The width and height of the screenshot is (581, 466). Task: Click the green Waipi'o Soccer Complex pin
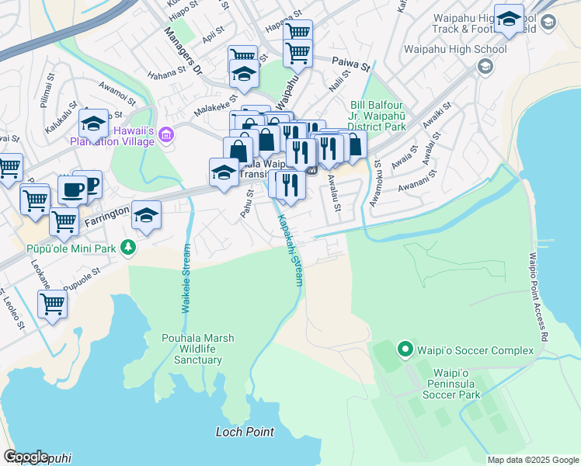(404, 350)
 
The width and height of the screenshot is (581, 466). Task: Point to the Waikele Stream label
(186, 279)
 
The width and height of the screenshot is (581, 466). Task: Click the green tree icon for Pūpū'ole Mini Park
(127, 248)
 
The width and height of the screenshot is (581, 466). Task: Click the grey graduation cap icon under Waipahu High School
(485, 67)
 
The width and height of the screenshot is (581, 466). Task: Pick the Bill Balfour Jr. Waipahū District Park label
(378, 116)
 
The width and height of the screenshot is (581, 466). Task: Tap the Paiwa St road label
(350, 61)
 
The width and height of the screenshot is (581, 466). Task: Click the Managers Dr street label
(183, 52)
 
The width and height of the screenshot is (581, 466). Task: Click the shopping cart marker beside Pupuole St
(52, 303)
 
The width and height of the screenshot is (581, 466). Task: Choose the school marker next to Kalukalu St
(93, 123)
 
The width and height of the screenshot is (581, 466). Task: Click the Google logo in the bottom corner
(26, 457)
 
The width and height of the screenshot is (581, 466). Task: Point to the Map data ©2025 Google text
(532, 460)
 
